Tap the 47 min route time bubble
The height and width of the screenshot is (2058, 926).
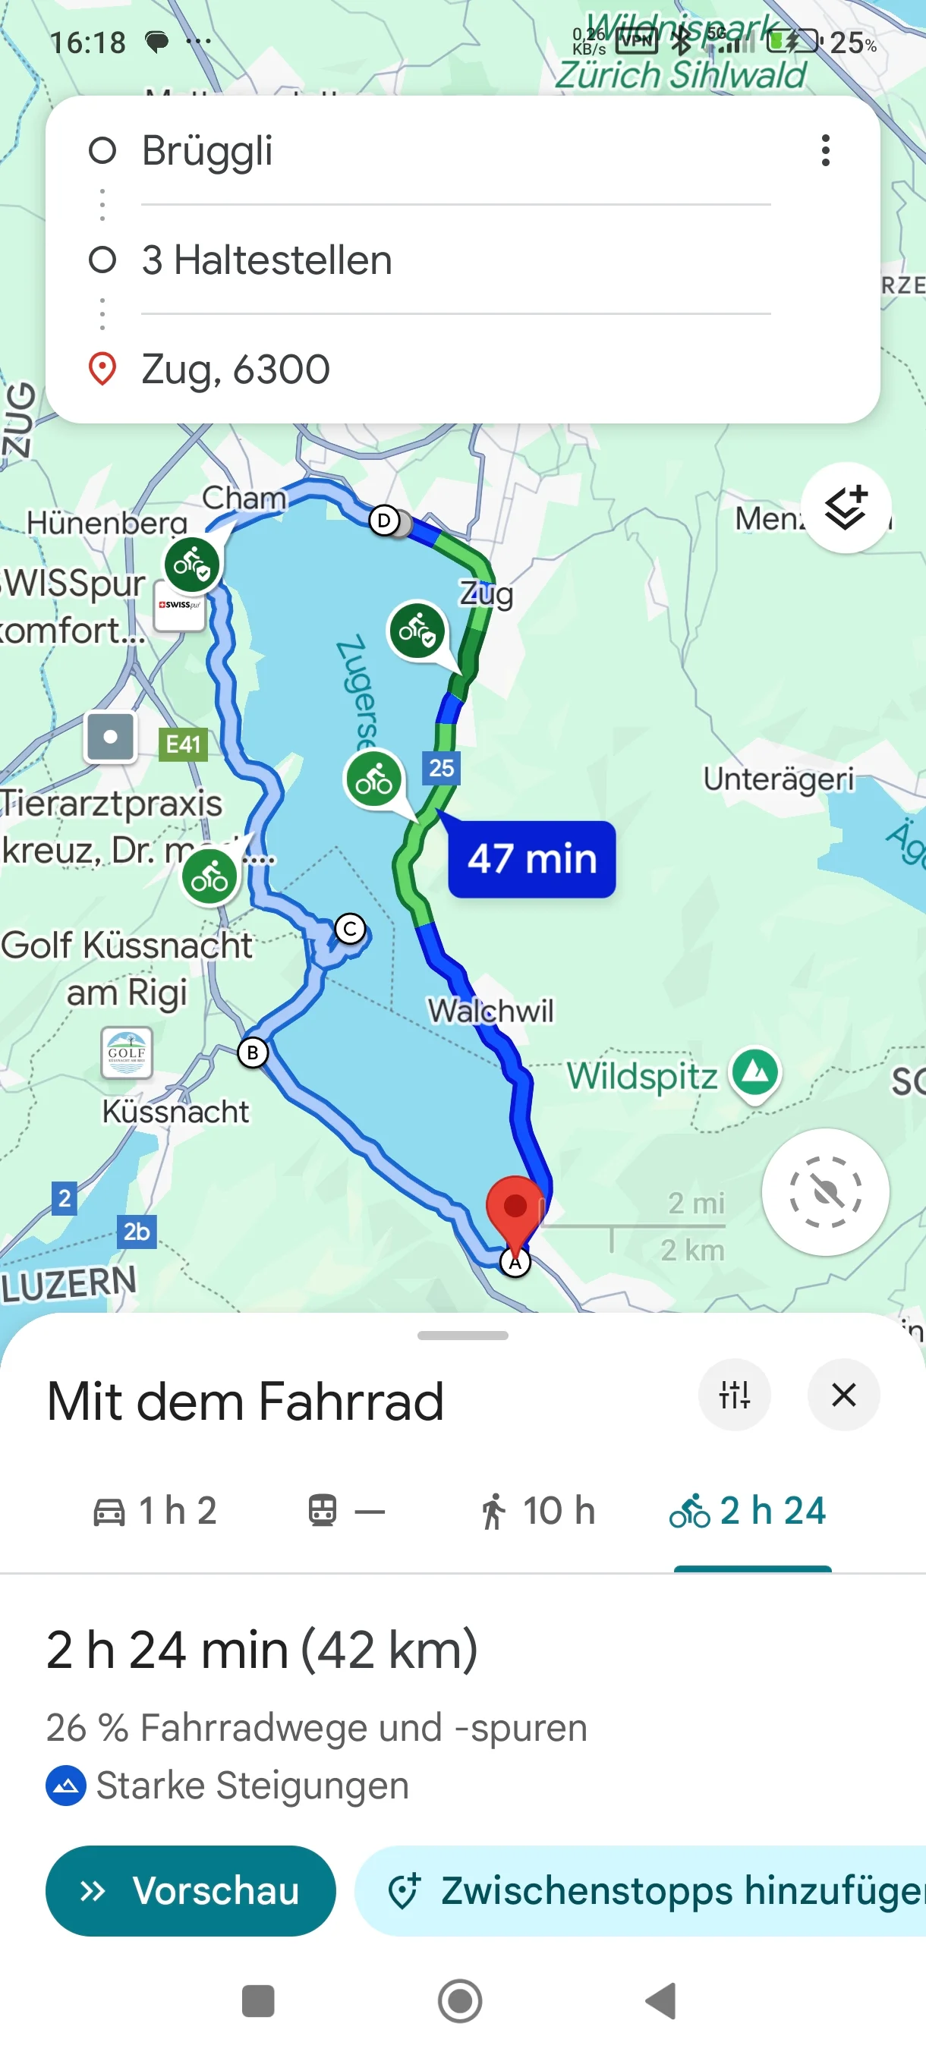[531, 859]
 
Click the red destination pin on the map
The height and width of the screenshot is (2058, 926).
[515, 1208]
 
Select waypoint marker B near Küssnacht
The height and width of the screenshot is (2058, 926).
[253, 1053]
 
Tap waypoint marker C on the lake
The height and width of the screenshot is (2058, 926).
[350, 928]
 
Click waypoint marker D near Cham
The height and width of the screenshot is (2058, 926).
[384, 521]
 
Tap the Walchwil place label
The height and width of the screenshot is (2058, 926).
[490, 1011]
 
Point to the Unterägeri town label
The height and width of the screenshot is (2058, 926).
[778, 778]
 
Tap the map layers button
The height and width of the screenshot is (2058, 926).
[846, 508]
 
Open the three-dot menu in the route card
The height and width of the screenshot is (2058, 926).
[825, 150]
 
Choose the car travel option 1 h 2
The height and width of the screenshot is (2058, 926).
[155, 1511]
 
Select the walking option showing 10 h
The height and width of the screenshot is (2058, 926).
[538, 1511]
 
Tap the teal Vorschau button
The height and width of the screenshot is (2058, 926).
[191, 1890]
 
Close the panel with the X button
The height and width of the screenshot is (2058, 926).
[844, 1395]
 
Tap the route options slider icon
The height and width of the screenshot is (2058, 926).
[734, 1395]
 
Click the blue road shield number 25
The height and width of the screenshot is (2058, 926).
[441, 768]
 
